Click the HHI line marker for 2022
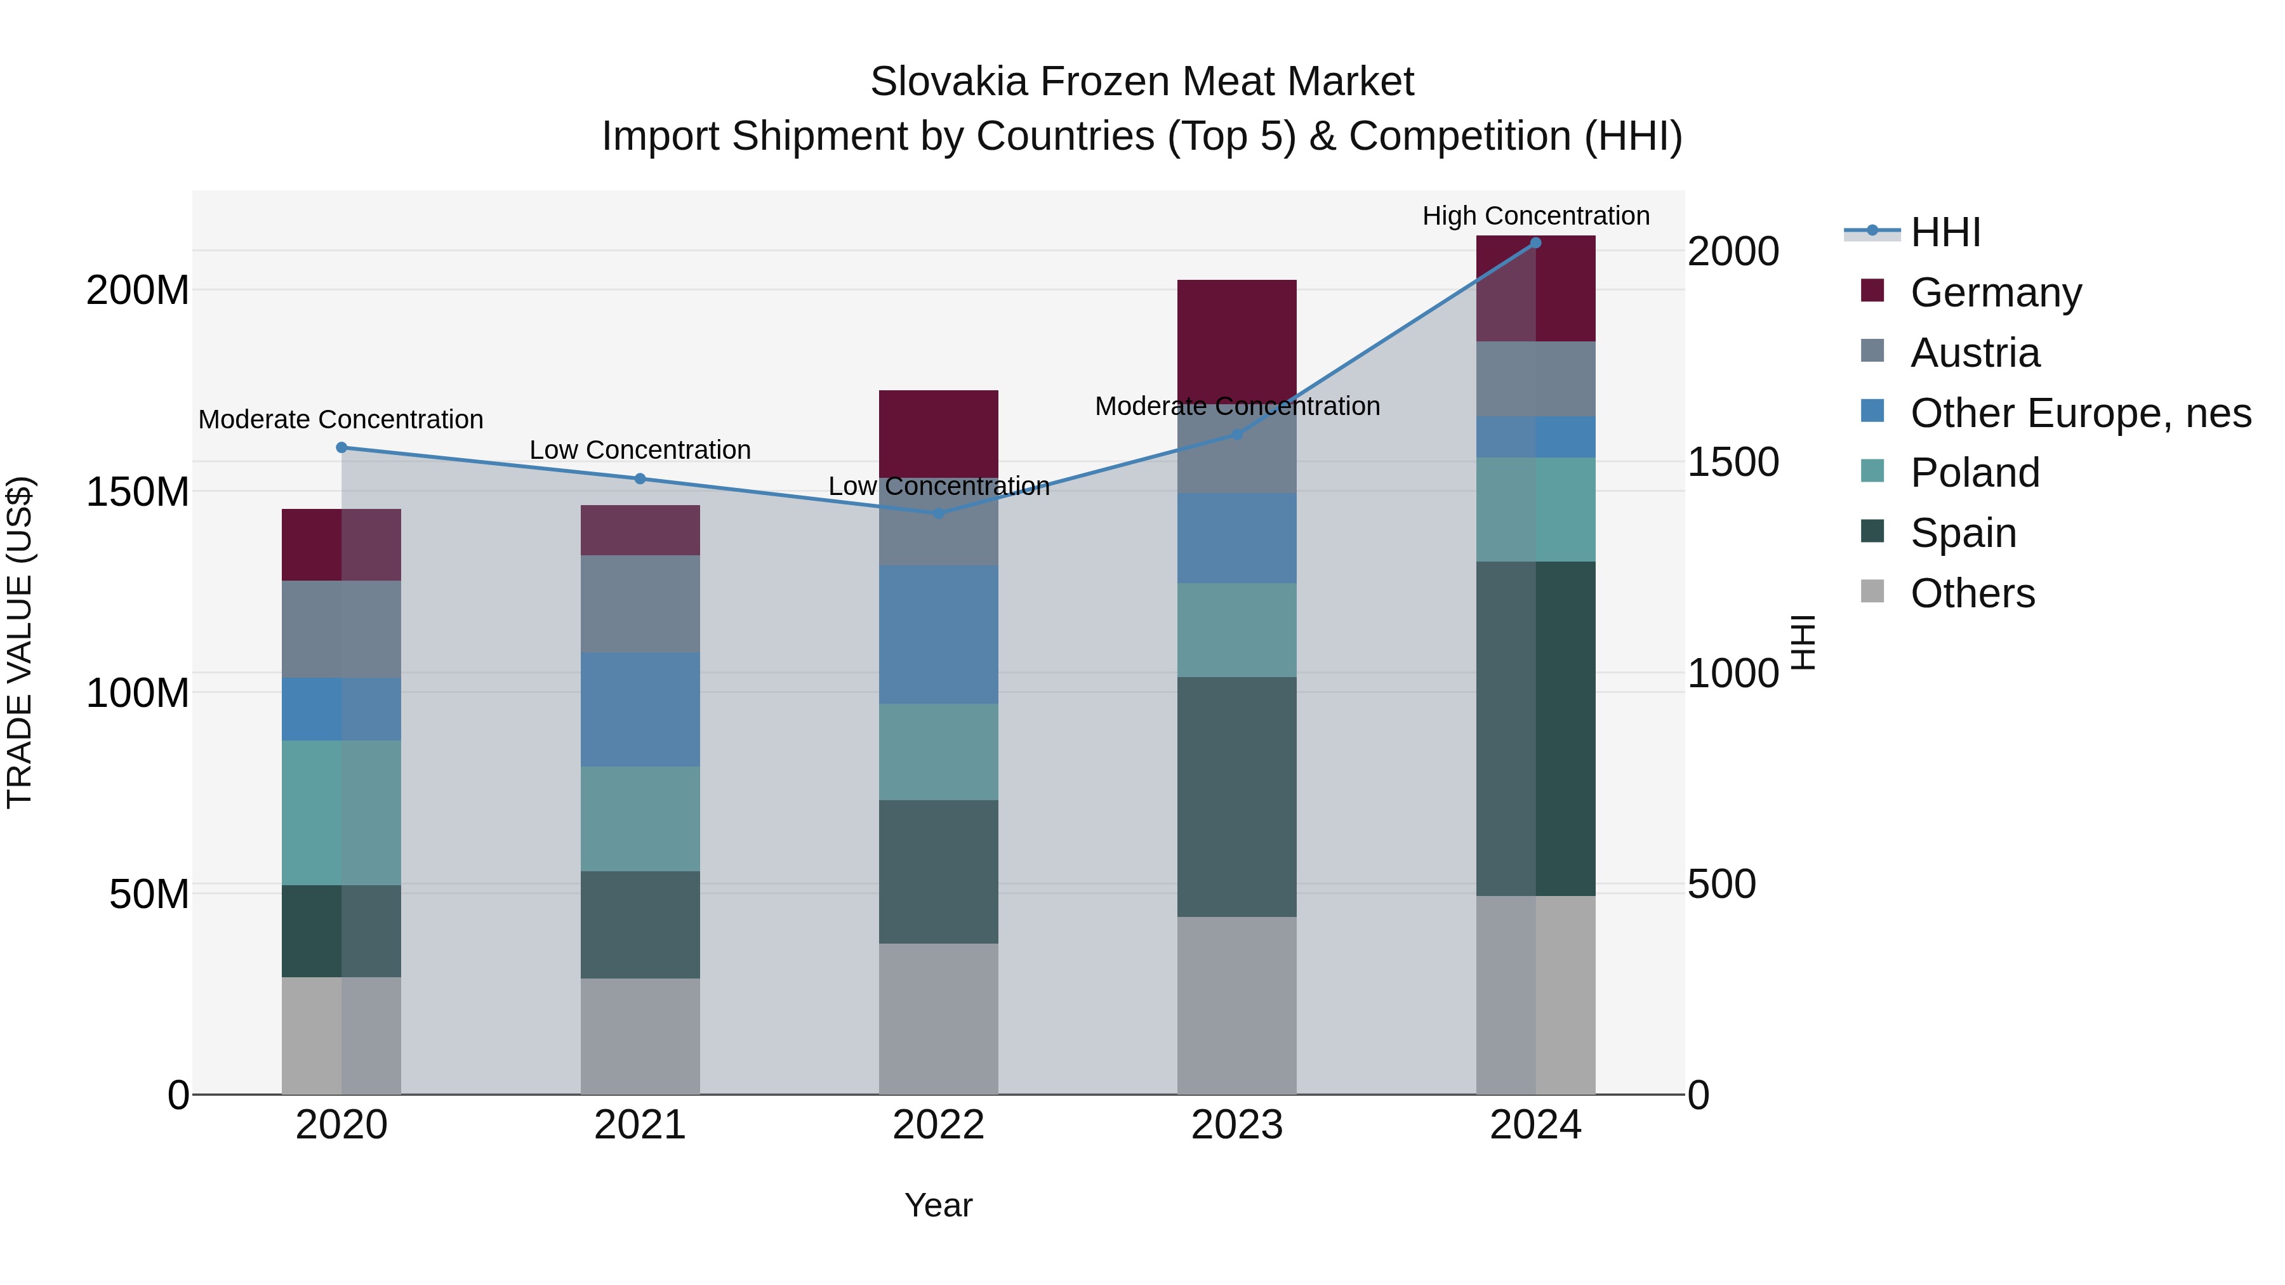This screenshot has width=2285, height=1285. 939,513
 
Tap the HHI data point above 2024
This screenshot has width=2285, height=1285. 1535,243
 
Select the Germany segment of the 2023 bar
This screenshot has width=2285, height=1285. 1236,341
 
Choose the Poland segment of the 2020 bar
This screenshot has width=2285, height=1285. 341,812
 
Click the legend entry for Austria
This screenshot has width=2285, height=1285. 1975,353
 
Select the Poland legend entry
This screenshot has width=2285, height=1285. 1975,473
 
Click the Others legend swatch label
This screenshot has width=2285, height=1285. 1972,593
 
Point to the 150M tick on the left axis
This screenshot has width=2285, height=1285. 138,491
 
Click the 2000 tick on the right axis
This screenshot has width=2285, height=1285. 1732,252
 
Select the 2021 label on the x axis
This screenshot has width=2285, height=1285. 640,1125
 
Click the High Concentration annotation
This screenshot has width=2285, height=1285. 1535,216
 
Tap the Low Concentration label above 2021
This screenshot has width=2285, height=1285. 640,450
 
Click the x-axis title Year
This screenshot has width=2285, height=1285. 939,1205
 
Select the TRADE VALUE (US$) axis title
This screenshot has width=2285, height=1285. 20,642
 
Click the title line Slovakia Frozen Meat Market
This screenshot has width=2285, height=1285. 1142,82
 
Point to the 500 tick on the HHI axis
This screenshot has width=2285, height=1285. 1721,884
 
